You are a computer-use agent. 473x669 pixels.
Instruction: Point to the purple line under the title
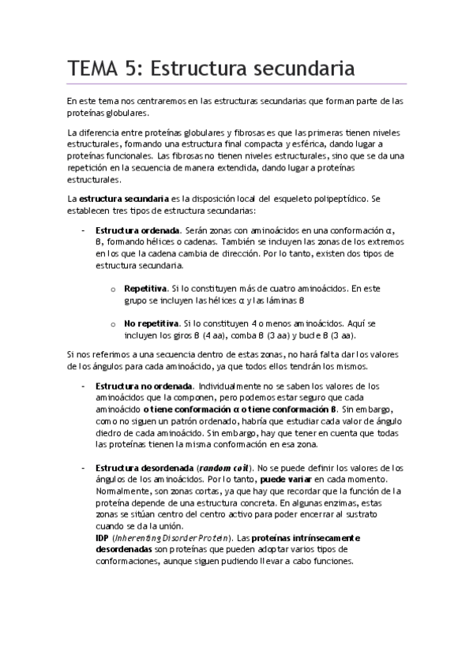(x=236, y=84)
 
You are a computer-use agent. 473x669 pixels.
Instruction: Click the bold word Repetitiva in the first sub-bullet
(x=145, y=288)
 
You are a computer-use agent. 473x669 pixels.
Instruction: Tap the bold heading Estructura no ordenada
(x=143, y=386)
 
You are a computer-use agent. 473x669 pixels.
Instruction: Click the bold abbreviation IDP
(x=102, y=539)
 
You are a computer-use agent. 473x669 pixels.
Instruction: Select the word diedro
(x=109, y=433)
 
